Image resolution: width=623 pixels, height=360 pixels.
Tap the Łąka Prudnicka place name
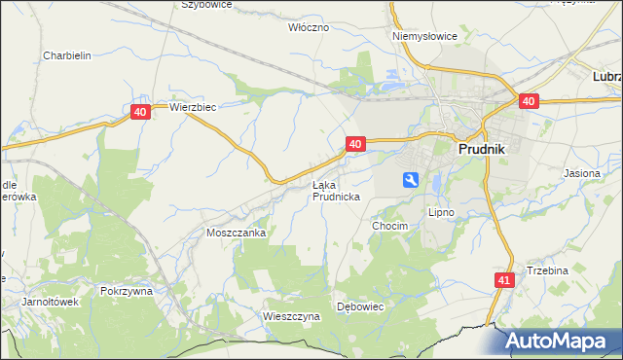tap(337, 190)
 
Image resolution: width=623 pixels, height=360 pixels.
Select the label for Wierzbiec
tap(192, 107)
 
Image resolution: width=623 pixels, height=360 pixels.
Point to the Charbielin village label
tap(67, 55)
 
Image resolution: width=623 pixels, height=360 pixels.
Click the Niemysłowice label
tap(424, 36)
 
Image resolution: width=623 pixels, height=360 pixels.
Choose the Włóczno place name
tap(310, 27)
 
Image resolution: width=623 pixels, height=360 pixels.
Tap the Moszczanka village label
tap(237, 234)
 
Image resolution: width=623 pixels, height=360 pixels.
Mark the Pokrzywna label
tap(126, 290)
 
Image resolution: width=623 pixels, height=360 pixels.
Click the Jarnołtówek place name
tap(51, 302)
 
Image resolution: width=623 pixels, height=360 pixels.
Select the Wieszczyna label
tap(291, 316)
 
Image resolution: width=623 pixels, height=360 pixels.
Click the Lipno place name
tap(441, 211)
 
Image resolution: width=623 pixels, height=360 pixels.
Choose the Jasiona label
tap(582, 173)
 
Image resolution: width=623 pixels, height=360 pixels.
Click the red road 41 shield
tap(502, 279)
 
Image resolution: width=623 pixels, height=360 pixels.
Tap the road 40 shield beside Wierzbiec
tap(140, 113)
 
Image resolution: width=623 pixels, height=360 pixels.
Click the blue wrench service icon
tap(411, 179)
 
